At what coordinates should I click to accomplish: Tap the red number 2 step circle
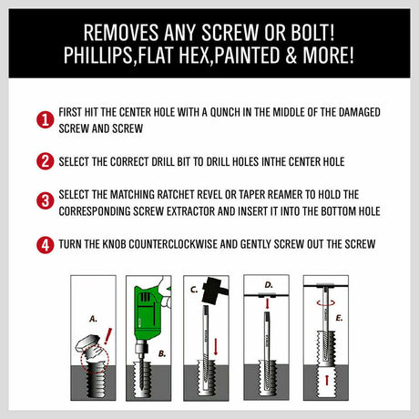[x=43, y=161]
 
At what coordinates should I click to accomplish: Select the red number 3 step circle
[x=43, y=201]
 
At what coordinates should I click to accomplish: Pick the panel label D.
[x=268, y=285]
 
